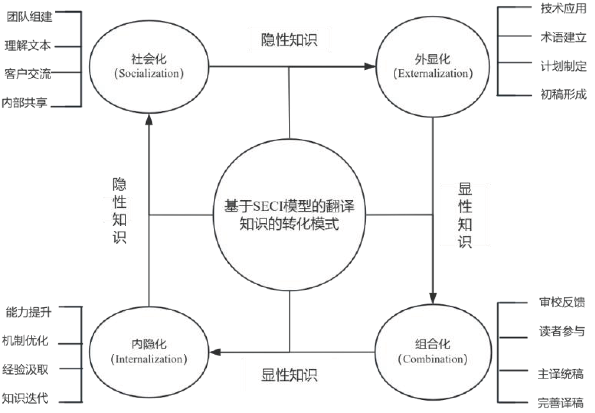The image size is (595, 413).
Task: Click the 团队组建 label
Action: [x=29, y=17]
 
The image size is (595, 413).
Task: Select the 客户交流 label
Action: [x=28, y=74]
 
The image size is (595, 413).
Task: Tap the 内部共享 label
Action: [x=24, y=103]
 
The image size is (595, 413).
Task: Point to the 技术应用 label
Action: [x=564, y=8]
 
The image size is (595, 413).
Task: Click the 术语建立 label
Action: [x=564, y=37]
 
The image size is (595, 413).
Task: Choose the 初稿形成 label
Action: [x=564, y=94]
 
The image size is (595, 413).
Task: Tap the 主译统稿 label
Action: [x=560, y=374]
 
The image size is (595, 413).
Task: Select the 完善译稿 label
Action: [x=560, y=403]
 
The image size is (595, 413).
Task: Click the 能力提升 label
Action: [x=29, y=312]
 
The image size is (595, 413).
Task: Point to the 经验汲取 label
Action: [x=25, y=370]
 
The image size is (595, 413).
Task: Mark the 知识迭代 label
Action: [x=25, y=398]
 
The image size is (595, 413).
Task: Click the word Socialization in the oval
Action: [x=149, y=73]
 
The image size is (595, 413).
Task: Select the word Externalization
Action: [x=433, y=73]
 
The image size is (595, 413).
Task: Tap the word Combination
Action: [x=433, y=359]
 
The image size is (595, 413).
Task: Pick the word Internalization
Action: [x=149, y=359]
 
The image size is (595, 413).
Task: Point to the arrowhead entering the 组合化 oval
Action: [x=433, y=298]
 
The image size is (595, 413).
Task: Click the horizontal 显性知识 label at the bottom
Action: [x=289, y=375]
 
